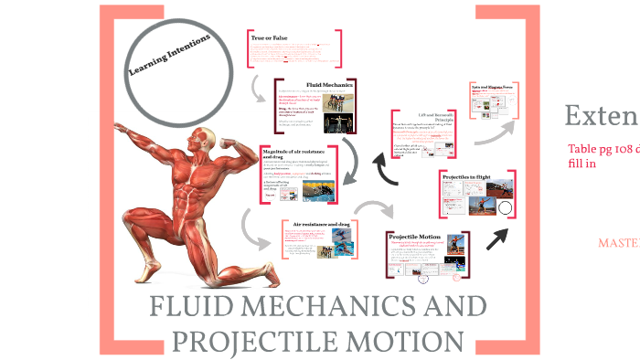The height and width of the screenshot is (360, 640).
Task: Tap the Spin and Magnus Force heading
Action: pyautogui.click(x=496, y=88)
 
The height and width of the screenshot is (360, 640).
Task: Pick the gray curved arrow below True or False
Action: pyautogui.click(x=258, y=88)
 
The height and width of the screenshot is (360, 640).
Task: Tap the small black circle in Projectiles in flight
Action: pyautogui.click(x=506, y=209)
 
